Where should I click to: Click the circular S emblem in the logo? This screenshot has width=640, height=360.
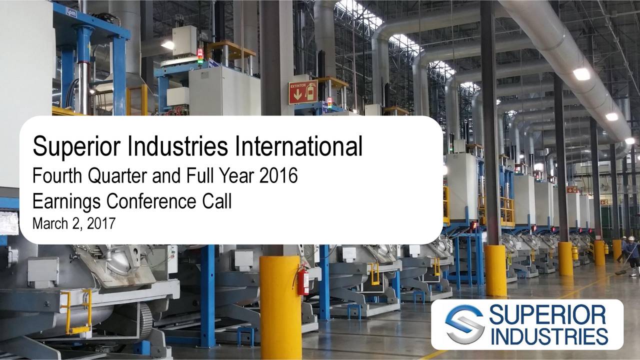click(464, 324)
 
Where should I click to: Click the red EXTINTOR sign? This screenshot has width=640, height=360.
click(302, 92)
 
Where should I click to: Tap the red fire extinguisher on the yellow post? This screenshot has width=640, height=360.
click(303, 281)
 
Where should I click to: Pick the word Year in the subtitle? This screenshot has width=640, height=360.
click(239, 176)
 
